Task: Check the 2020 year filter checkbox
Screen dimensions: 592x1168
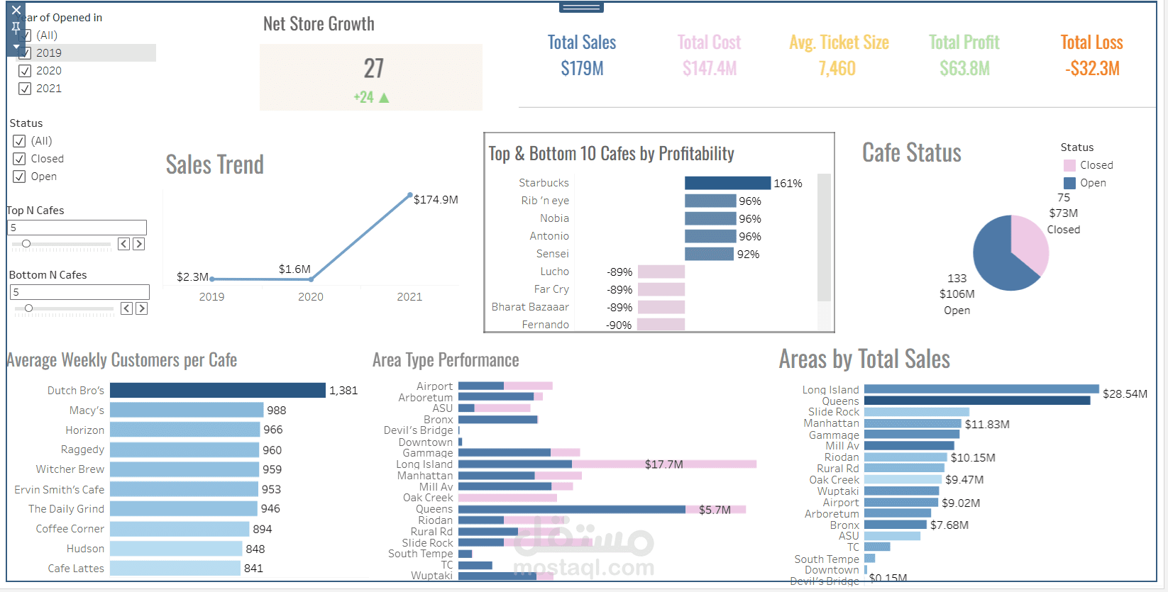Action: click(x=25, y=71)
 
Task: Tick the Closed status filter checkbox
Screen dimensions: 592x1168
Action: click(x=19, y=159)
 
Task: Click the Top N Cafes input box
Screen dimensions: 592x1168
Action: click(x=77, y=228)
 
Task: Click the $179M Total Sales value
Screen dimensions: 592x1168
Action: click(x=582, y=69)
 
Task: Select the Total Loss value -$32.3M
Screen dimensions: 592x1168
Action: click(x=1091, y=69)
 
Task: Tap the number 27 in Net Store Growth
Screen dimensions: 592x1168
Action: click(x=373, y=69)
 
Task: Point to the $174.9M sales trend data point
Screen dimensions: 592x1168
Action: click(x=410, y=194)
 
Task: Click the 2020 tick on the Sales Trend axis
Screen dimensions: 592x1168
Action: click(x=310, y=296)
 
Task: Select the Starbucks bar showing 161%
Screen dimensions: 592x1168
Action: click(x=727, y=183)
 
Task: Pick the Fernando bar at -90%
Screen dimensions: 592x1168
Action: click(x=661, y=325)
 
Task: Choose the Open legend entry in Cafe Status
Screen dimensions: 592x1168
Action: click(x=1092, y=183)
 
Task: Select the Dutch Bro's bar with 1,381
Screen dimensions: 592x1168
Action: click(x=217, y=391)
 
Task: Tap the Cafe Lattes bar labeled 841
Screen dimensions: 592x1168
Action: click(x=175, y=568)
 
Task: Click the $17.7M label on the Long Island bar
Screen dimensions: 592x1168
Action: click(x=663, y=464)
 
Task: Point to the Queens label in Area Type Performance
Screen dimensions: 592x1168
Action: click(x=434, y=509)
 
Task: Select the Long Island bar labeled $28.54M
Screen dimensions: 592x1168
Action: click(x=981, y=389)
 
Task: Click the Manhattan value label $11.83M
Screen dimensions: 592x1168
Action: click(x=986, y=424)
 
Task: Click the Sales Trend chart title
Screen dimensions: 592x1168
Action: click(x=214, y=164)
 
